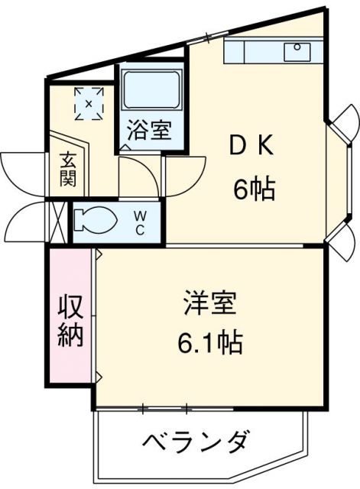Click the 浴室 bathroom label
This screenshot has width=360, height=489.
[x=149, y=131]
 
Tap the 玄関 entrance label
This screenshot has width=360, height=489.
[x=67, y=173]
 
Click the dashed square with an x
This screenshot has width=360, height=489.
[x=89, y=102]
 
